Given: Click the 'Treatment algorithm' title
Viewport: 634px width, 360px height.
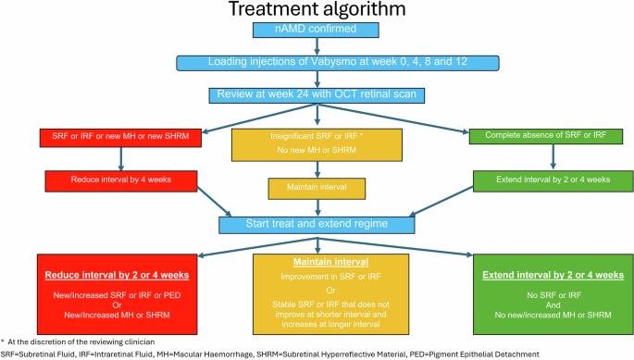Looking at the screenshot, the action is [x=317, y=9].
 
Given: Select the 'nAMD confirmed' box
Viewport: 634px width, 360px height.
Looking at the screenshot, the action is [x=316, y=30].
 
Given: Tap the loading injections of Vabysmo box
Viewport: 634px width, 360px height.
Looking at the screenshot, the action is [x=338, y=63].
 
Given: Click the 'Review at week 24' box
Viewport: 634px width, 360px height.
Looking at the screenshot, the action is [x=317, y=95].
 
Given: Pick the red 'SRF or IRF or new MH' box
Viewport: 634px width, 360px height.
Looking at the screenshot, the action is [x=120, y=138].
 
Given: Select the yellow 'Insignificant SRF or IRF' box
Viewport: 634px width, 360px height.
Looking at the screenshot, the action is [x=317, y=144].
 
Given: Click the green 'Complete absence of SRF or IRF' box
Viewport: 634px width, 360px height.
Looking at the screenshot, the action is [x=546, y=136].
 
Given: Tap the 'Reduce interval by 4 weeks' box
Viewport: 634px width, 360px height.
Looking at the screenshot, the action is [x=121, y=180].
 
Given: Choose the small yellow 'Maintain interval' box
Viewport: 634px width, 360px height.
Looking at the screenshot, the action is [x=317, y=189].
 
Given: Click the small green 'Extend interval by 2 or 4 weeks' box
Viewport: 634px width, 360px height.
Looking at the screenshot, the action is [x=553, y=180].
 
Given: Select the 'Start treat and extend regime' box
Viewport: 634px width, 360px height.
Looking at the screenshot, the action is [x=317, y=225].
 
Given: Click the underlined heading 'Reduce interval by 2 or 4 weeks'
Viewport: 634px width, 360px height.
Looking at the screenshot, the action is [x=117, y=275].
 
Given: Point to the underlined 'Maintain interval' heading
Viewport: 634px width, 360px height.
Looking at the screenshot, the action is [x=330, y=262].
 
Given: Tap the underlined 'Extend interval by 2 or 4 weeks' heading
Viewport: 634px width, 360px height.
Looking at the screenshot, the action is [x=553, y=275].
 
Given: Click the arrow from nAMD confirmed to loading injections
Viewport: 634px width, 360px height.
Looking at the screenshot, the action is [x=317, y=46].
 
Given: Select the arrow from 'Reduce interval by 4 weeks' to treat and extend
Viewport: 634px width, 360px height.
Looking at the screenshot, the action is [x=215, y=202].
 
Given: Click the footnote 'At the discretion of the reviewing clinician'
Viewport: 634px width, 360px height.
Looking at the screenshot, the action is [x=81, y=341].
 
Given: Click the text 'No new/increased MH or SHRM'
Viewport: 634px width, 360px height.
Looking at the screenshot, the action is [x=553, y=315].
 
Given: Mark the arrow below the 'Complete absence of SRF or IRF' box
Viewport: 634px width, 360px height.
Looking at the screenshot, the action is [x=553, y=156].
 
